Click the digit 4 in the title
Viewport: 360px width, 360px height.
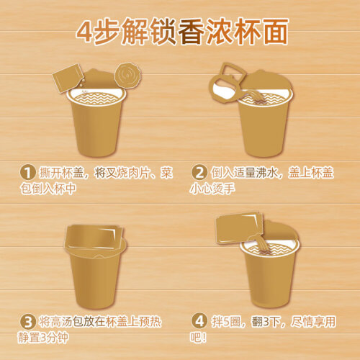pyautogui.click(x=85, y=32)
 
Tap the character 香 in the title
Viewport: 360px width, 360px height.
pyautogui.click(x=191, y=32)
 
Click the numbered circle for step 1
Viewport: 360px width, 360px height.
pyautogui.click(x=28, y=172)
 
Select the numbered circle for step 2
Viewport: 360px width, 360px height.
pyautogui.click(x=199, y=172)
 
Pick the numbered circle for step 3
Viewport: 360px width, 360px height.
pyautogui.click(x=28, y=322)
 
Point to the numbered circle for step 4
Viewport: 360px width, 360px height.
pyautogui.click(x=199, y=321)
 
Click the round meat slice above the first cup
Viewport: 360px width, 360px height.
pyautogui.click(x=128, y=76)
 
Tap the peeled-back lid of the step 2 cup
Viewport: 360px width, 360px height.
pyautogui.click(x=268, y=81)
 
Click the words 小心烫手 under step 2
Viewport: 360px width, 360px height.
pyautogui.click(x=212, y=189)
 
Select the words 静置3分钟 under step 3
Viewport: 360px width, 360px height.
pyautogui.click(x=43, y=338)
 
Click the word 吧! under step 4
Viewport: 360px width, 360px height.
pyautogui.click(x=198, y=337)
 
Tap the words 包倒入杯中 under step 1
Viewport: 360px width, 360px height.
pyautogui.click(x=48, y=189)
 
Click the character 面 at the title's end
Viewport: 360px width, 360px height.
pyautogui.click(x=275, y=32)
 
